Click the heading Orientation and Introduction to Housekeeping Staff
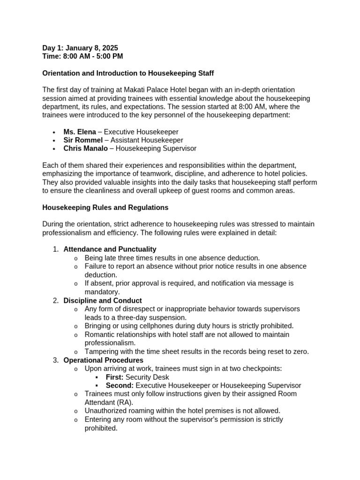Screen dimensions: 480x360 pyautogui.click(x=128, y=73)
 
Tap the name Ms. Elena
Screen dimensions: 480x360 pyautogui.click(x=79, y=132)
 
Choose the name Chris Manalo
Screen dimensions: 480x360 pyautogui.click(x=85, y=149)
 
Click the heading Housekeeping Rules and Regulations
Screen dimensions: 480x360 pyautogui.click(x=105, y=207)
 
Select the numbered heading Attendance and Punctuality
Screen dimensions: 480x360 pyautogui.click(x=110, y=249)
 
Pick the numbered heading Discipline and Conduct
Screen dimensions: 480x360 pyautogui.click(x=102, y=300)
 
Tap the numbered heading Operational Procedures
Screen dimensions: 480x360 pyautogui.click(x=103, y=360)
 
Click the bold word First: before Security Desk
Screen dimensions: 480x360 pyautogui.click(x=114, y=377)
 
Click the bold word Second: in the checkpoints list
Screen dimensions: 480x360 pyautogui.click(x=120, y=385)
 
